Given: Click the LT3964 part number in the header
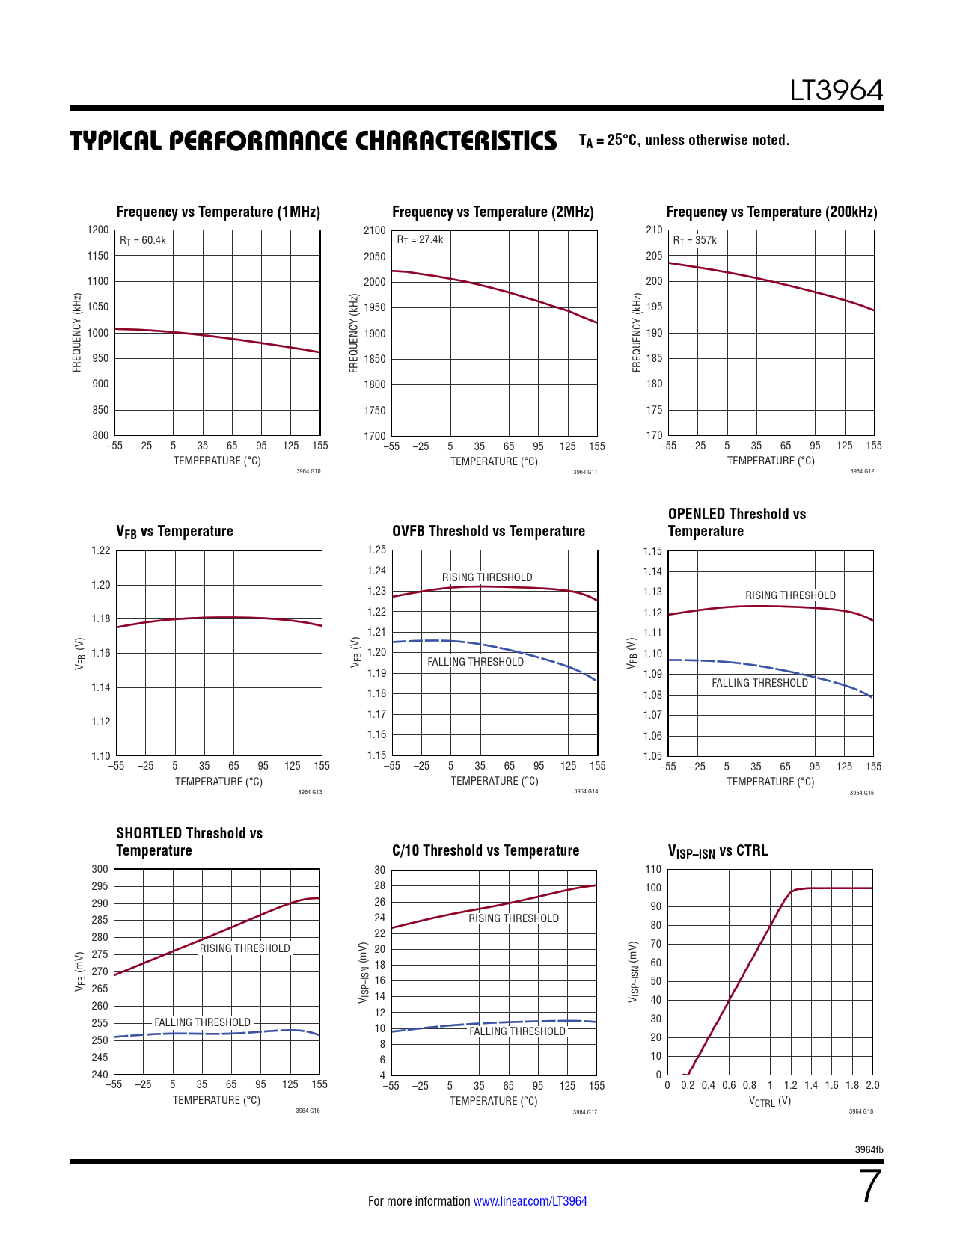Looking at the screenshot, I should pyautogui.click(x=837, y=91).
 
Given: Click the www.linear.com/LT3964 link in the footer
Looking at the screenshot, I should pyautogui.click(x=530, y=1201).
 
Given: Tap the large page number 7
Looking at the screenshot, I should pyautogui.click(x=870, y=1187).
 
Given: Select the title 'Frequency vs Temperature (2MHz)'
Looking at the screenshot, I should pyautogui.click(x=492, y=212).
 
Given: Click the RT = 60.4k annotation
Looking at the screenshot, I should pyautogui.click(x=143, y=240).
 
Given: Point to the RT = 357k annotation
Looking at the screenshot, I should pyautogui.click(x=694, y=240).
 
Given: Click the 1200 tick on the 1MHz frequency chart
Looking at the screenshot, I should pyautogui.click(x=98, y=230).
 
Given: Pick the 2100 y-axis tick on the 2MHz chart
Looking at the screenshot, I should pyautogui.click(x=375, y=230).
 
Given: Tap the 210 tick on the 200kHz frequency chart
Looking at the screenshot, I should pyautogui.click(x=654, y=230).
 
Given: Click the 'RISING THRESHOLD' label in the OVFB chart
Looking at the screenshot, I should pyautogui.click(x=487, y=577).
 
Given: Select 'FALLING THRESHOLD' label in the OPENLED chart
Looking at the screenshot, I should pyautogui.click(x=759, y=683).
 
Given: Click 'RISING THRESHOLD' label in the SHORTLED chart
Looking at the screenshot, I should pyautogui.click(x=245, y=948).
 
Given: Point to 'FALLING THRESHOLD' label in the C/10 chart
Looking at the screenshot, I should pyautogui.click(x=517, y=1031).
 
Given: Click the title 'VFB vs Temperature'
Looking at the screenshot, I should pyautogui.click(x=174, y=532).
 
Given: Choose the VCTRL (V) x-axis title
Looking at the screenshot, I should pyautogui.click(x=770, y=1101).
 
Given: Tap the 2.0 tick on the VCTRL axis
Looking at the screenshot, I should pyautogui.click(x=872, y=1085).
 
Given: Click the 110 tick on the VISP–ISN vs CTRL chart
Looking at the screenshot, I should pyautogui.click(x=653, y=869).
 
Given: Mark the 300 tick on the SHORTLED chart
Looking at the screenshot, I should pyautogui.click(x=100, y=869).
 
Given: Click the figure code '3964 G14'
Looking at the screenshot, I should pyautogui.click(x=585, y=791).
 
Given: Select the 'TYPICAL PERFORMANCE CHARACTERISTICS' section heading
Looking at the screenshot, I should pyautogui.click(x=314, y=141).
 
